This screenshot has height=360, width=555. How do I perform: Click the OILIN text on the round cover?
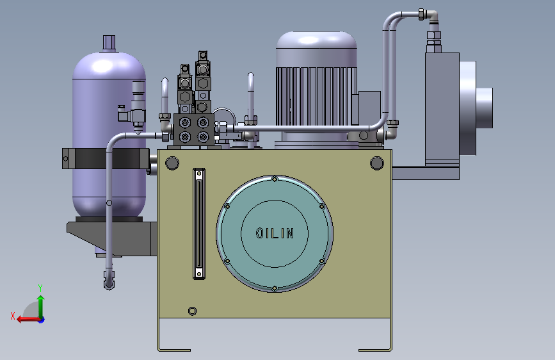[x=275, y=233]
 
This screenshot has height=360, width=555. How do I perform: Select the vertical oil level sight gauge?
[x=199, y=224]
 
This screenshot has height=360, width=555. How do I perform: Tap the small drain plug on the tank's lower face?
[x=192, y=311]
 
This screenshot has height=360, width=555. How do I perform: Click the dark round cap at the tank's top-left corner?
[x=172, y=163]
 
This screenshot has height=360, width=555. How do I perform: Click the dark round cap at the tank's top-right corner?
[x=376, y=163]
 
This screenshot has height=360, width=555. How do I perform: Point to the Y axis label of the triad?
[x=40, y=288]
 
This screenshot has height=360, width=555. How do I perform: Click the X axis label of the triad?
[x=13, y=316]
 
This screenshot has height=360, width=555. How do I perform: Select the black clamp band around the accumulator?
[x=106, y=158]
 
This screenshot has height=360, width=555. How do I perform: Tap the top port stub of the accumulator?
[x=109, y=42]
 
